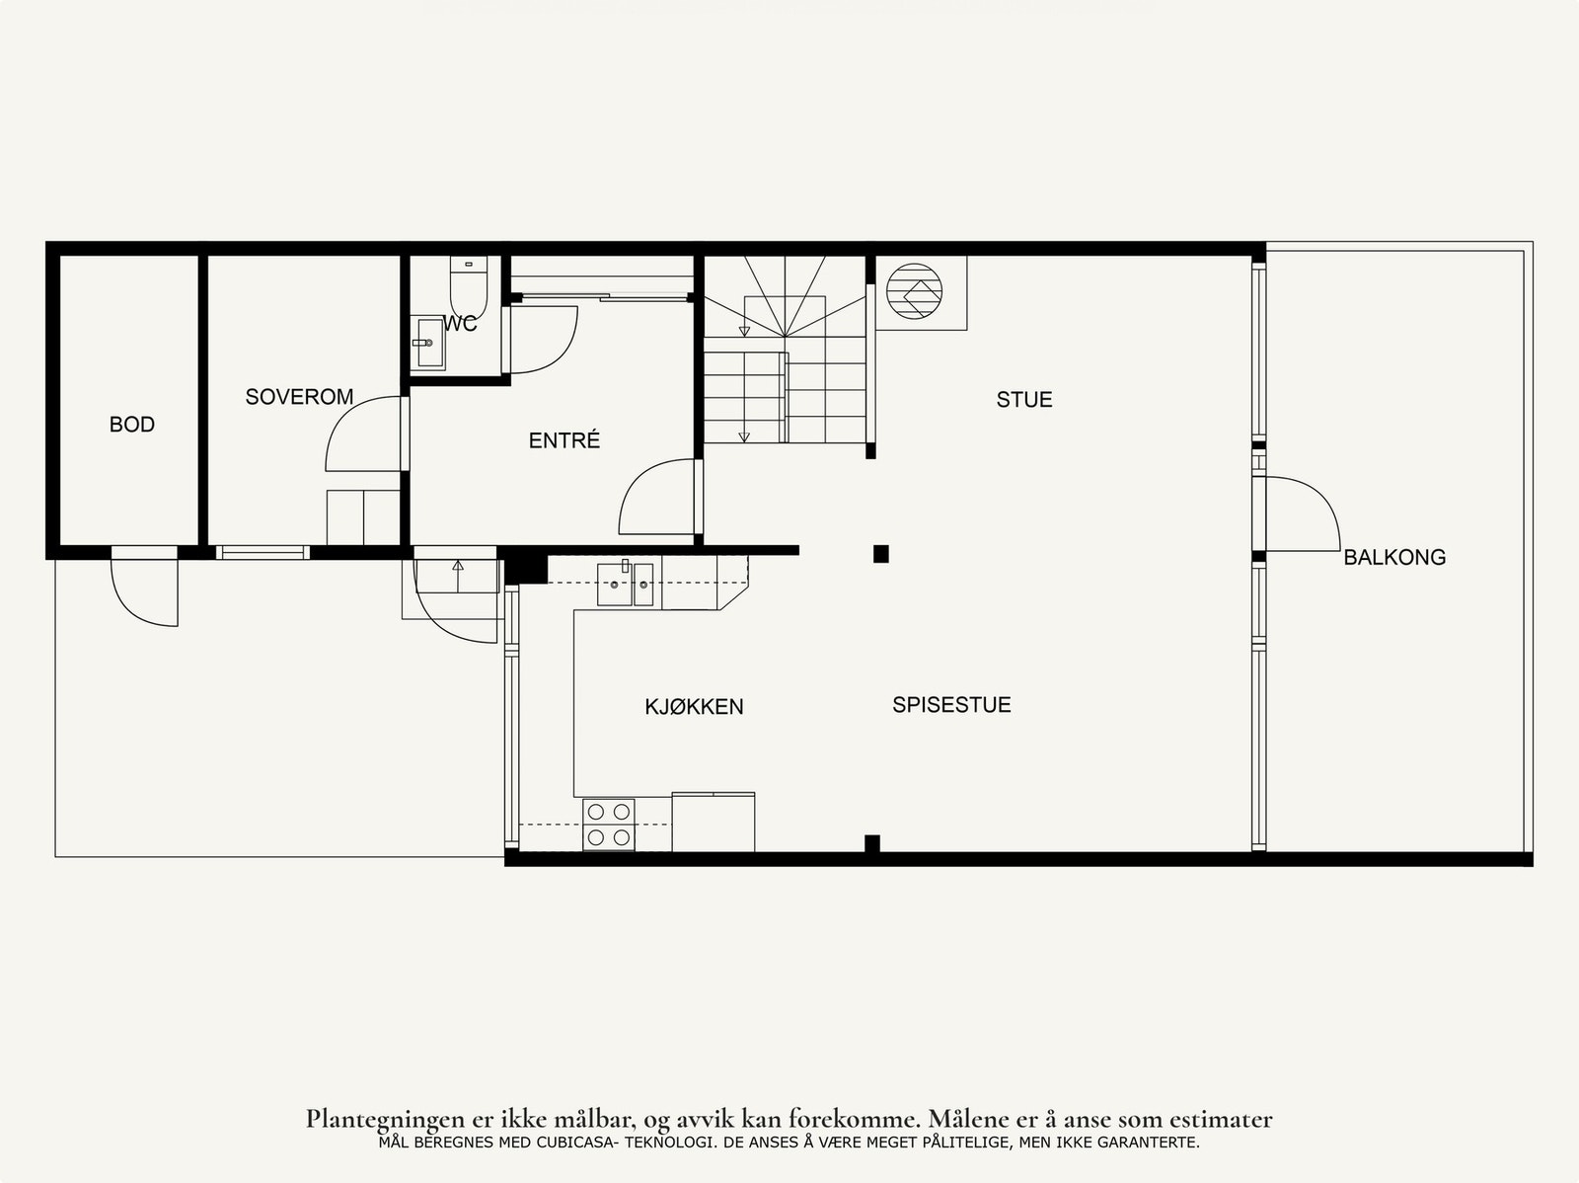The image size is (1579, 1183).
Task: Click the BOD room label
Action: (x=131, y=425)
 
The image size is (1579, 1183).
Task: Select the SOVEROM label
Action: (x=299, y=397)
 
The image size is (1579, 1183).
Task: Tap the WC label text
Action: (x=461, y=324)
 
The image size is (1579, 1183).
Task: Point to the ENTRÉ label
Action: (x=564, y=439)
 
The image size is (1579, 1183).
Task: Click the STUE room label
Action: (x=1023, y=399)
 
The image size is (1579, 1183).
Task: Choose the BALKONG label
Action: (x=1394, y=557)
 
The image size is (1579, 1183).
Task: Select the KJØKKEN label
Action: (x=694, y=707)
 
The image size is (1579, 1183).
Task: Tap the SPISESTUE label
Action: (x=951, y=704)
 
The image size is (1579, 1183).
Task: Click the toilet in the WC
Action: (x=469, y=286)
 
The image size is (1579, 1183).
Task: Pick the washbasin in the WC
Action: (x=428, y=343)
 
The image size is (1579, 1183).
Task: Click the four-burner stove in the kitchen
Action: (x=609, y=825)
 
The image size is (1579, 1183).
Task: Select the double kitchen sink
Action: (x=625, y=585)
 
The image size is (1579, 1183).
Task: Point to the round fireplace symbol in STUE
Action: (x=914, y=291)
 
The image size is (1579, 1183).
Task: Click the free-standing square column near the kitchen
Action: (x=881, y=554)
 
